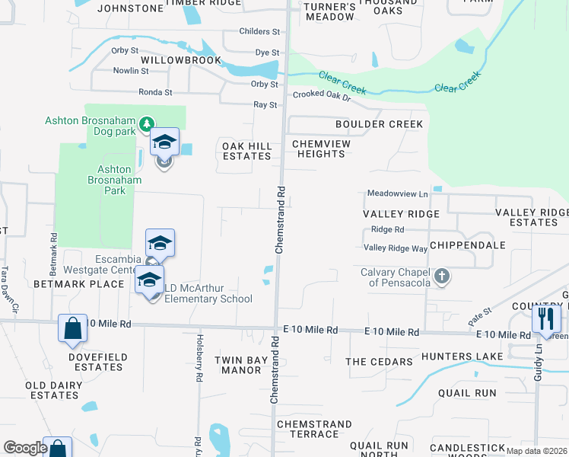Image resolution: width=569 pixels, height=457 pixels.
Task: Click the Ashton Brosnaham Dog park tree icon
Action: point(148,123)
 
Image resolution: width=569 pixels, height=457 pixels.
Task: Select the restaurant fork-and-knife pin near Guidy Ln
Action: point(545,318)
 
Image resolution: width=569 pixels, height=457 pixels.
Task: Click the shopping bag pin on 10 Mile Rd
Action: point(73,329)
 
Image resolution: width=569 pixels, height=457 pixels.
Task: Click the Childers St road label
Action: point(259,31)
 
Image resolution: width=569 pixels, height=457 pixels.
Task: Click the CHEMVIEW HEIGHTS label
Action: point(319,148)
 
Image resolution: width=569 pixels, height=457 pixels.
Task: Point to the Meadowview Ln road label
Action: point(398,194)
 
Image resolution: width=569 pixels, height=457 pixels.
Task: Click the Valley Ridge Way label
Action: point(395,248)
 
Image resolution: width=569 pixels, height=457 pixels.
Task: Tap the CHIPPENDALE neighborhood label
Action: point(468,246)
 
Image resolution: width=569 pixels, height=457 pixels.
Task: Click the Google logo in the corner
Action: point(24,448)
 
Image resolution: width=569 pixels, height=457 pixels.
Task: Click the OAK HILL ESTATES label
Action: point(246,150)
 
